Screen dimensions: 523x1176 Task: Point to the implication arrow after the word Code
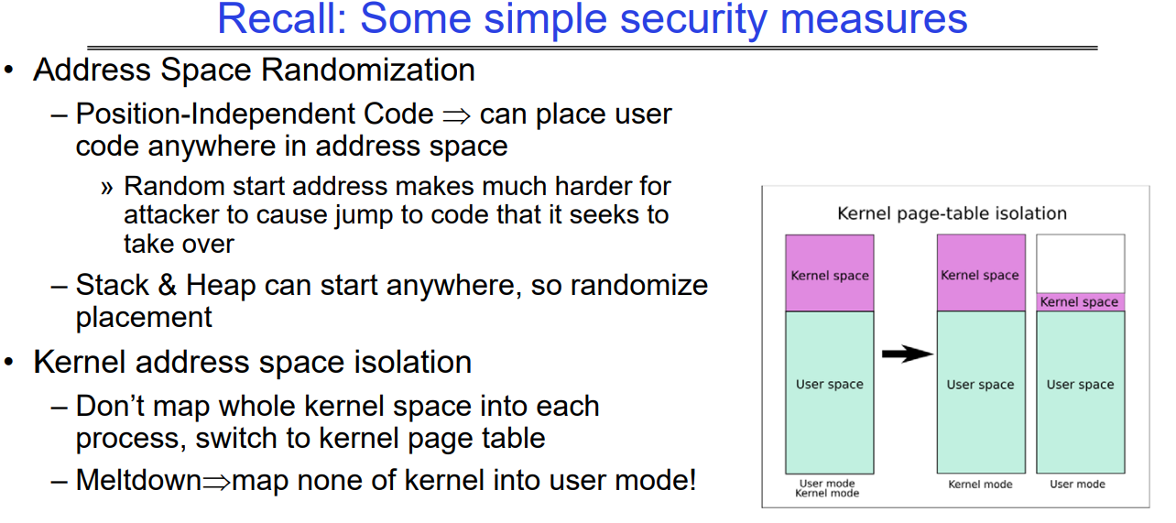(x=455, y=114)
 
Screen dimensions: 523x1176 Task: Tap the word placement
(x=144, y=317)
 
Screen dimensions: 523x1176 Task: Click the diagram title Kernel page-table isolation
(x=952, y=213)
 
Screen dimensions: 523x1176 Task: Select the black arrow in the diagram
(x=907, y=354)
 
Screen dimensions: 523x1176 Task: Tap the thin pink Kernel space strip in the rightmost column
(x=1080, y=301)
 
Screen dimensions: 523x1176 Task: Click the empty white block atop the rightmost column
(x=1080, y=263)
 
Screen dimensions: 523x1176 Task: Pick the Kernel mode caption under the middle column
(x=980, y=484)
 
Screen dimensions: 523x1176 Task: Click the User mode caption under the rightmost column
(x=1077, y=484)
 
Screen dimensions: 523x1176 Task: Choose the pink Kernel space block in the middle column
(x=980, y=273)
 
